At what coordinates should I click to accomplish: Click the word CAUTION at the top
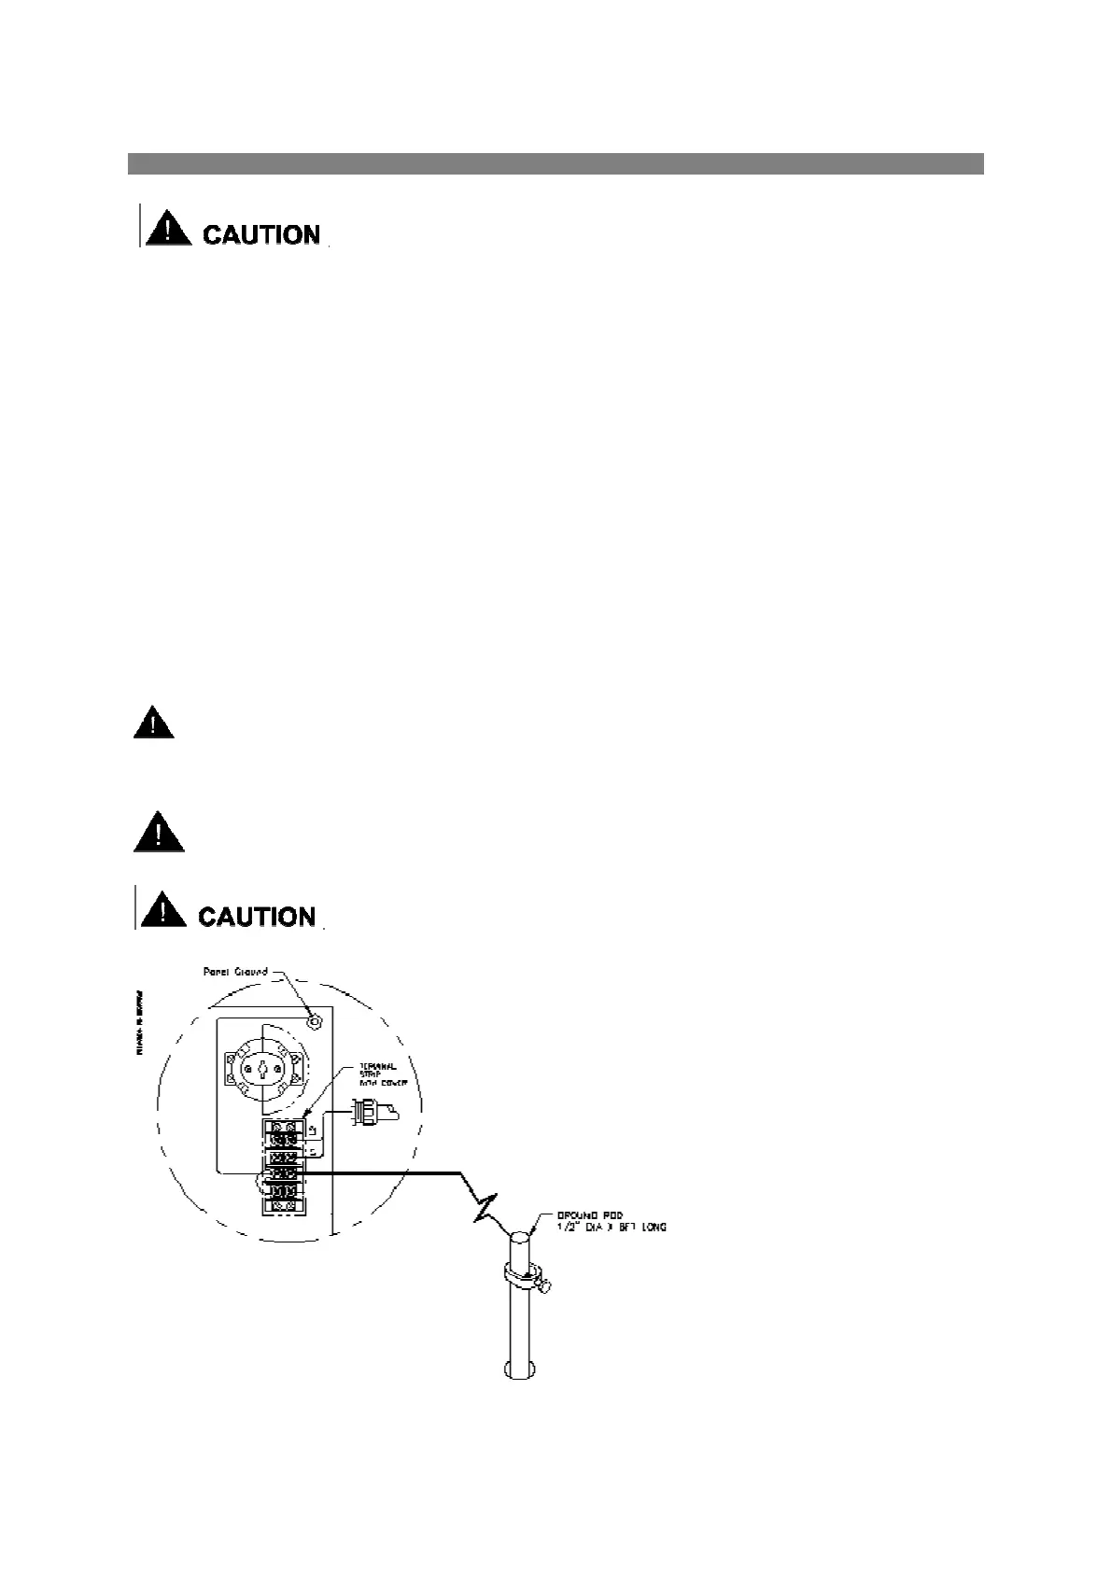261,234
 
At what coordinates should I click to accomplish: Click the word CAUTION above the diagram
258,917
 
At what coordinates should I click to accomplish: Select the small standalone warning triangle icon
153,724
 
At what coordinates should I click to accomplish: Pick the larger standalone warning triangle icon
159,831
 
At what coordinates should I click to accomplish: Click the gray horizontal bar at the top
555,163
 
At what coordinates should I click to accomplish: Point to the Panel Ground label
235,972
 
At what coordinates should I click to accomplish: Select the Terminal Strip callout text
378,1074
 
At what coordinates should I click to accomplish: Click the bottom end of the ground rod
520,1369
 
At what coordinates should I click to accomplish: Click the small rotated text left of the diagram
140,1022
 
